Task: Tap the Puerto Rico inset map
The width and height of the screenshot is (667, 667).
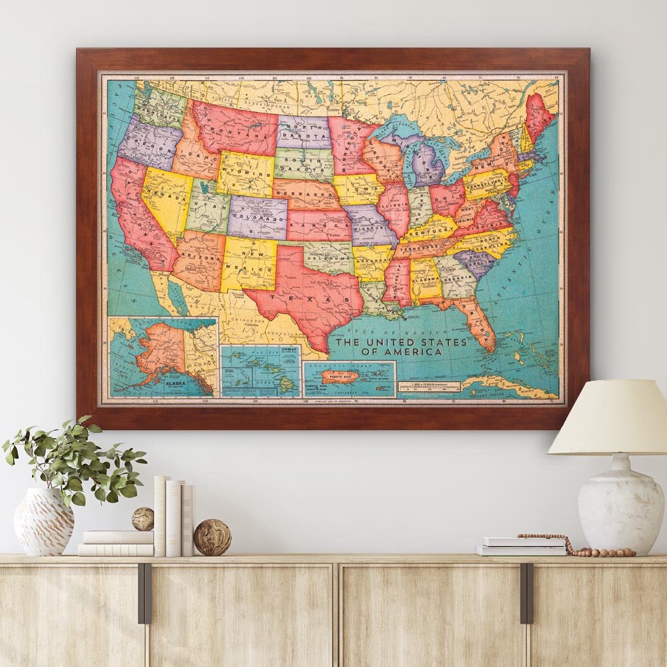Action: [x=350, y=378]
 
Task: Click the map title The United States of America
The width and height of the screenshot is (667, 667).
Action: [x=400, y=347]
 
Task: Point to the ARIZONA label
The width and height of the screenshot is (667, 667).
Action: [x=199, y=257]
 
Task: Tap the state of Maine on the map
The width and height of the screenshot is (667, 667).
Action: [x=540, y=113]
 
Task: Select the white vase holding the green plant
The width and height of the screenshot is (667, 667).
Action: [x=43, y=522]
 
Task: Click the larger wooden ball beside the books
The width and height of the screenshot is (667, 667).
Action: [x=212, y=537]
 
